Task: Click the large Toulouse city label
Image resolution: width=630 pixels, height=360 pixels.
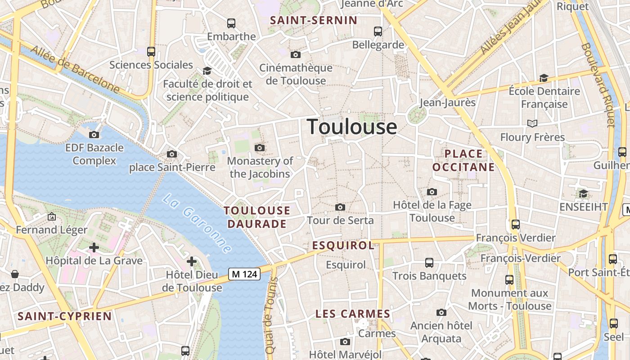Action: coord(352,127)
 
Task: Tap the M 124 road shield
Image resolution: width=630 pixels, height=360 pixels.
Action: coord(244,274)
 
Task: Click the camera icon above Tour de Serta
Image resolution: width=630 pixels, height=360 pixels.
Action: coord(340,207)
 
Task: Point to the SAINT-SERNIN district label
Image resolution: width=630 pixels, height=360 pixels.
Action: coord(314,20)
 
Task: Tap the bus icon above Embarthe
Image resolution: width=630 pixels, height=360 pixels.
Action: coord(231,23)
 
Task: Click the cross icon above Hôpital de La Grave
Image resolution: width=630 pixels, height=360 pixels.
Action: coord(94,247)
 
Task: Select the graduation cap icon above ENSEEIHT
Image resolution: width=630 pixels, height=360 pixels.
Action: coord(583,193)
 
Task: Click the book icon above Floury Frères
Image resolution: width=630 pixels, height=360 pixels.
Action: coord(532,123)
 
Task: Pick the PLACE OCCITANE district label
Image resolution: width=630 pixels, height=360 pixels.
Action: coord(463,161)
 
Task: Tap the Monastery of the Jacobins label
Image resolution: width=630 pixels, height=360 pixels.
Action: coord(260,167)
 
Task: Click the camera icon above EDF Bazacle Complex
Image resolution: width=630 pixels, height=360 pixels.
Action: coord(94,135)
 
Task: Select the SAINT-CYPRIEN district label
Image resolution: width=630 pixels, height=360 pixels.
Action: coord(64,316)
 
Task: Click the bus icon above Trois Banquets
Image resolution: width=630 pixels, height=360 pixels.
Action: coord(429,262)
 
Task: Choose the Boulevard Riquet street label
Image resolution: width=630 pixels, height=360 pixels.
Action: coord(598,85)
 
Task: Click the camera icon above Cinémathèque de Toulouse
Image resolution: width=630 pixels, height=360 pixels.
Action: coord(296,55)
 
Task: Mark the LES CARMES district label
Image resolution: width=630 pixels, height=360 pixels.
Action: coord(353,314)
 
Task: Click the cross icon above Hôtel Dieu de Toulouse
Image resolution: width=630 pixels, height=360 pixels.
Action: coord(192,261)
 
